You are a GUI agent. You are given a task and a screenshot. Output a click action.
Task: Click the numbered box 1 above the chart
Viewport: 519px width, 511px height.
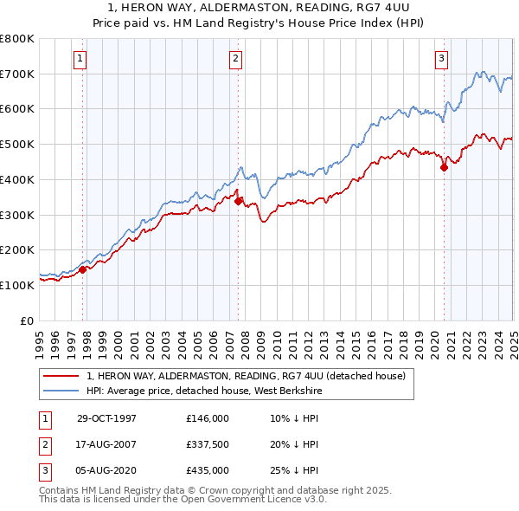click(x=80, y=59)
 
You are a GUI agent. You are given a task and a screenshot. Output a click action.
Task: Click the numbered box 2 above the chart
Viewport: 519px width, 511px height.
click(x=235, y=59)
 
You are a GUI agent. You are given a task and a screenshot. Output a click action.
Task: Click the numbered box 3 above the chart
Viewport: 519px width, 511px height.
click(x=441, y=59)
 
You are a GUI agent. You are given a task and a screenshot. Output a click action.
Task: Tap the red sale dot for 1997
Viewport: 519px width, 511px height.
click(x=83, y=269)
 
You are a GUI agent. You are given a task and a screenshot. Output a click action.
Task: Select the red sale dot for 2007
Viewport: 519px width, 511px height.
click(x=239, y=201)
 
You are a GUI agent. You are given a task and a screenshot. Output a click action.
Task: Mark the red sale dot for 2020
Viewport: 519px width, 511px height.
click(x=444, y=167)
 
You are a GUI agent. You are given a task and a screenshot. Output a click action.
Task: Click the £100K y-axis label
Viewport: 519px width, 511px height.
click(x=18, y=285)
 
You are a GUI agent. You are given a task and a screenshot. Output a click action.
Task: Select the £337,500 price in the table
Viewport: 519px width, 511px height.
click(x=208, y=444)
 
